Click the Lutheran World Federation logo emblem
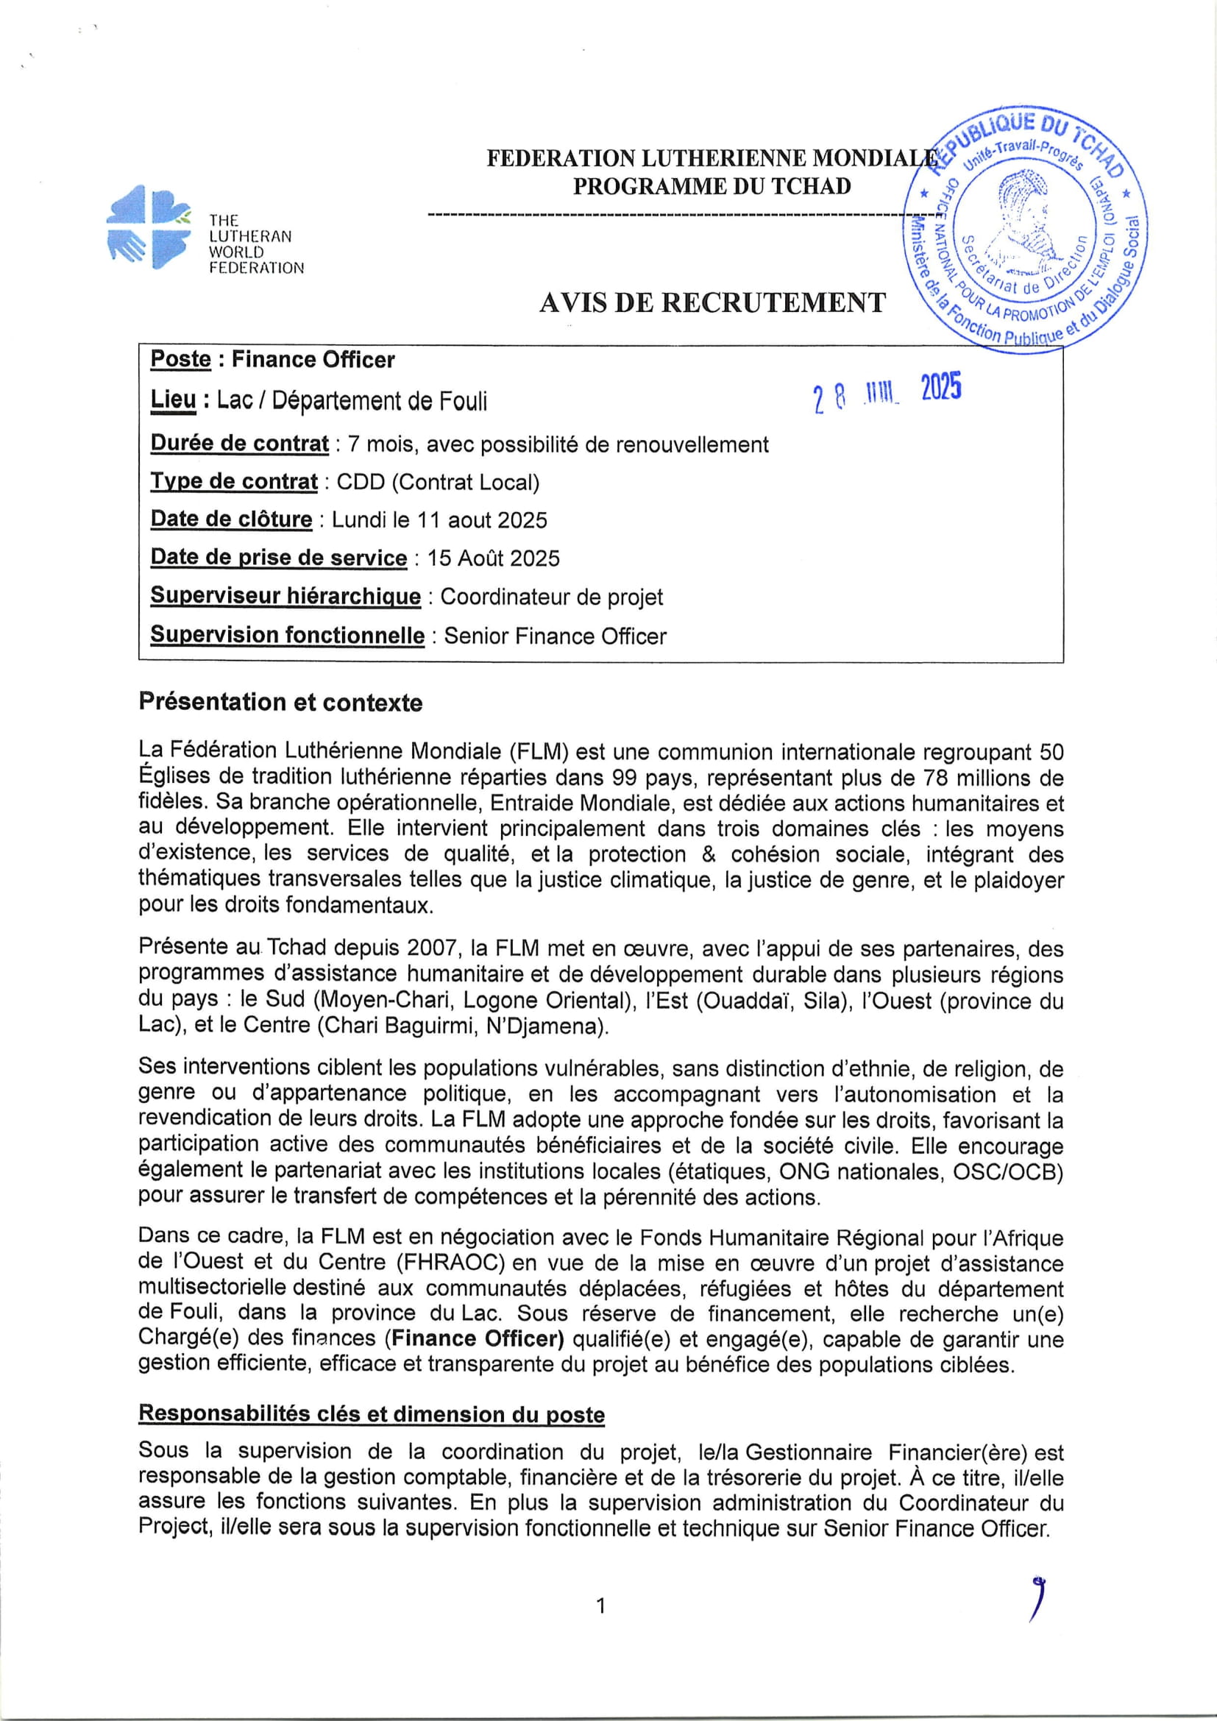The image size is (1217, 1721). (x=149, y=227)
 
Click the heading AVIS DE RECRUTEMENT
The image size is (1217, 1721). (x=712, y=302)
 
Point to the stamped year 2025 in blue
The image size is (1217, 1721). (x=940, y=388)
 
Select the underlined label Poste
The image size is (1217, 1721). (x=180, y=360)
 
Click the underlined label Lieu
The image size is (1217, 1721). (x=173, y=400)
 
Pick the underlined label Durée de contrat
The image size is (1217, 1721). (x=240, y=444)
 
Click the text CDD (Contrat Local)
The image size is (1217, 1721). (x=438, y=482)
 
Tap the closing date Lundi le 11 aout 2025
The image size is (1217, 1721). (x=439, y=520)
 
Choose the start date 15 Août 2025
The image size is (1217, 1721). (x=493, y=558)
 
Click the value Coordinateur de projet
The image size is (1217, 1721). (x=551, y=597)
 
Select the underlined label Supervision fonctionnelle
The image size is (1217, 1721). (x=287, y=636)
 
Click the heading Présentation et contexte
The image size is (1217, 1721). (x=280, y=703)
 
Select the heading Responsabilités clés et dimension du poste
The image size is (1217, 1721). (x=371, y=1414)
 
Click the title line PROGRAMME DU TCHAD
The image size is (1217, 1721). (x=712, y=186)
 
